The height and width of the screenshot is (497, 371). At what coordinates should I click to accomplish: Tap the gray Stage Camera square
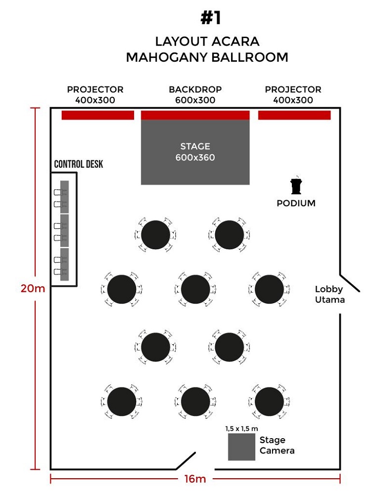coord(241,447)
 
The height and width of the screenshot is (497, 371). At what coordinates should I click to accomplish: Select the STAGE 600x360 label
coord(195,152)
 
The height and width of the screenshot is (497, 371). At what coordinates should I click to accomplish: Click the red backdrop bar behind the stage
coord(195,115)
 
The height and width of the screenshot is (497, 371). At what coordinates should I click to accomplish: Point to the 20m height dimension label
coord(33,288)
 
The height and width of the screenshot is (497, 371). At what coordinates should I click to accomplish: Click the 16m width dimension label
coord(195,479)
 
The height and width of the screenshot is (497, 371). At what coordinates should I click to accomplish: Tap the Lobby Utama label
coord(329,294)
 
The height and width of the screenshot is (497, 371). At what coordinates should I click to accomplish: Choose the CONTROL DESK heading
coord(78,164)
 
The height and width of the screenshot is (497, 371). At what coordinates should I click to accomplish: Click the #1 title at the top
coord(210,18)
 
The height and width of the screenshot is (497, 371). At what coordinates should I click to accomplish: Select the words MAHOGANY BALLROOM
coord(207,57)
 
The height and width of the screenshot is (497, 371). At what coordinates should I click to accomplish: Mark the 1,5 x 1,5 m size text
coord(241,428)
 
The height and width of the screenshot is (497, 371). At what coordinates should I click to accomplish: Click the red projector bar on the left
coord(98,115)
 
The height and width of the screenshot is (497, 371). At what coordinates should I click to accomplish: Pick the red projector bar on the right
coord(294,115)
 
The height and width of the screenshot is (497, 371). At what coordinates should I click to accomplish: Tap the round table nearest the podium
coord(229,235)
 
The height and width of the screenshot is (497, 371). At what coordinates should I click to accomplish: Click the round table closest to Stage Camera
coord(269,402)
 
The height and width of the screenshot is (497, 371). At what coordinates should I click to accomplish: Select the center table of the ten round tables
coord(195,289)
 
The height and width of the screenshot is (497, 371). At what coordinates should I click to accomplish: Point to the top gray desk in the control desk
coord(64,196)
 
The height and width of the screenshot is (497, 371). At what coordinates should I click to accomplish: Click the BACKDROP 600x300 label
coord(195,94)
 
